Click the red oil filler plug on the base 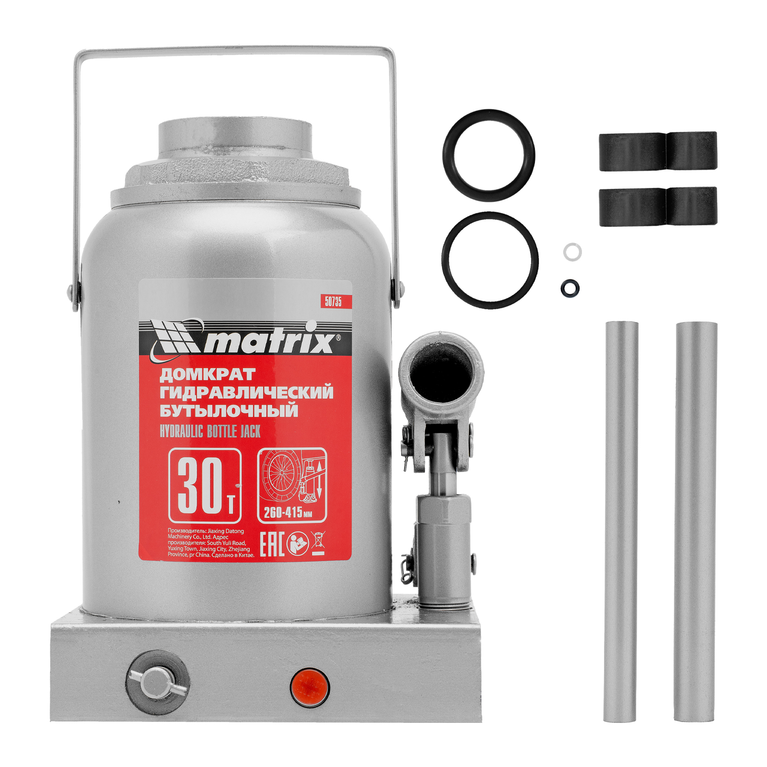(x=310, y=687)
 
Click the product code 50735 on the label (x=333, y=301)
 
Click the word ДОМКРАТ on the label (x=207, y=374)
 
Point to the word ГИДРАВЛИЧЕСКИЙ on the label (x=246, y=393)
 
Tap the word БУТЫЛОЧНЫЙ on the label (x=229, y=411)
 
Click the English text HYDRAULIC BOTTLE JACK (x=210, y=431)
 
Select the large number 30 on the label (x=200, y=485)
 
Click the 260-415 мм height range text (x=288, y=512)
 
